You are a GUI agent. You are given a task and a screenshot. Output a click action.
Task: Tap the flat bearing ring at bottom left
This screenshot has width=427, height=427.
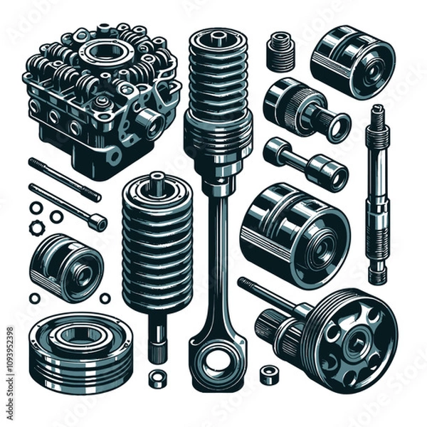[x=80, y=351]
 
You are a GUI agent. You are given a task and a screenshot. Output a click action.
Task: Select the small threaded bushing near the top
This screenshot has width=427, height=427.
[x=281, y=51]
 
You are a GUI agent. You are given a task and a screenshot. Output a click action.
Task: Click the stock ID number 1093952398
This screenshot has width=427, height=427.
[x=9, y=363]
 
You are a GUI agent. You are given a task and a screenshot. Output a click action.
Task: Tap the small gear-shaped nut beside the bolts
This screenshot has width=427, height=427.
[x=36, y=228]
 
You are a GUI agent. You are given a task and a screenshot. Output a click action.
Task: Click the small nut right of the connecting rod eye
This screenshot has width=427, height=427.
[x=268, y=373]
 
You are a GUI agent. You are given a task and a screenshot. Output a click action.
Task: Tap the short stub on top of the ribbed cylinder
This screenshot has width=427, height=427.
[x=158, y=180]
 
